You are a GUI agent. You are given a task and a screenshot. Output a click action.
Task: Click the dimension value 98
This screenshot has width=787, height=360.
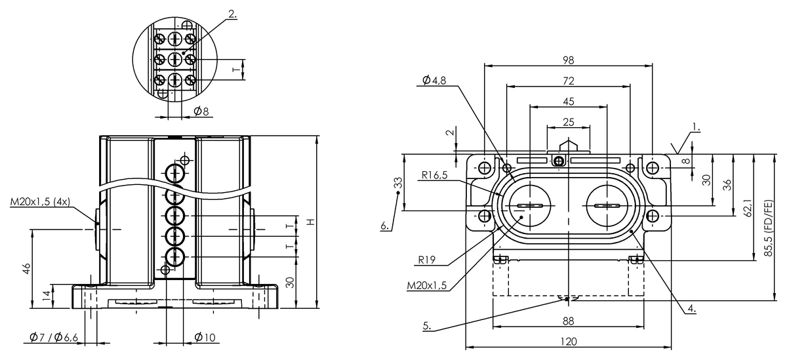(x=569, y=60)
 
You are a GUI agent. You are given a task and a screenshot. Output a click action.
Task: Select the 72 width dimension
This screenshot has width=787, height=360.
(x=569, y=81)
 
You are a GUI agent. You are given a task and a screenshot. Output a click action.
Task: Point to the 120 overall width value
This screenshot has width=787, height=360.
(x=569, y=341)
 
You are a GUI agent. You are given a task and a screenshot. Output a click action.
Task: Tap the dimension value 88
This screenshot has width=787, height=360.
(x=569, y=320)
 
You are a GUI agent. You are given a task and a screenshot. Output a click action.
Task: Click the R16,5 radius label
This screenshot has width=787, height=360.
(x=435, y=175)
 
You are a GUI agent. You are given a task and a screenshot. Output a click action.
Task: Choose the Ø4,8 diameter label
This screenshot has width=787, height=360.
(x=434, y=80)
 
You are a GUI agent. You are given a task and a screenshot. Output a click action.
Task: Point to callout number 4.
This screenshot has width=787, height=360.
(x=691, y=307)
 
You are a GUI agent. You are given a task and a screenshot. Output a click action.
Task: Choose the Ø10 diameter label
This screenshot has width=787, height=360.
(x=205, y=337)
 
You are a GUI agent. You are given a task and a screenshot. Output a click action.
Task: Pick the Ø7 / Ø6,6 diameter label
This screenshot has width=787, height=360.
(x=54, y=337)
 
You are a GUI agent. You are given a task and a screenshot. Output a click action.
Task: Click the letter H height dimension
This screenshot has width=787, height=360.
(x=312, y=221)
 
